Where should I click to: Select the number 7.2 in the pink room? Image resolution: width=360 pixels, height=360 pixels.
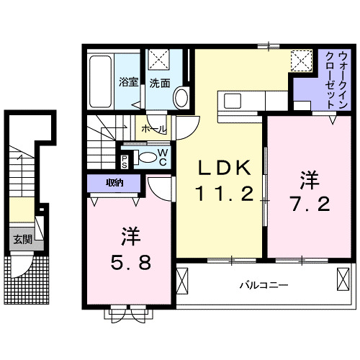point(311,204)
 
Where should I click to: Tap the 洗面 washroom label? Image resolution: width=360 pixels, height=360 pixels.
point(160,83)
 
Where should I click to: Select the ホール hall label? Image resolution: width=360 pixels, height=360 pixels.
point(154,129)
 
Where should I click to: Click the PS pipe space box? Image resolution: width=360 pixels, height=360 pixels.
point(125,160)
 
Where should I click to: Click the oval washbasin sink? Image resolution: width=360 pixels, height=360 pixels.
point(181,96)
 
